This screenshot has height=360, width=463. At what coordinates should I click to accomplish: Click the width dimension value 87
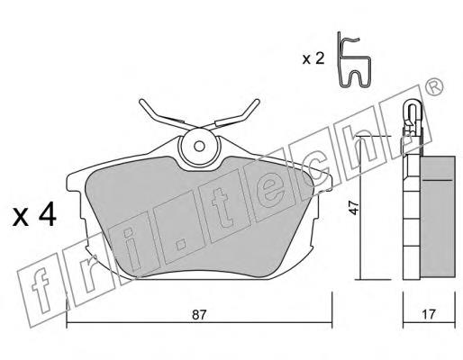point(199,315)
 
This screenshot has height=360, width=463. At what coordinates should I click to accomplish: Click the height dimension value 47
point(355,208)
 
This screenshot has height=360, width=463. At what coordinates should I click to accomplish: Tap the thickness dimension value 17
point(429,314)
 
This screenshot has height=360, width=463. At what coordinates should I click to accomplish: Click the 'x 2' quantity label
point(313,58)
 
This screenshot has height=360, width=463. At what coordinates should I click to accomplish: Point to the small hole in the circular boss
point(199,147)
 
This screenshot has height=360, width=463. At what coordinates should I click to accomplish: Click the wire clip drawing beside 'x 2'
point(354,59)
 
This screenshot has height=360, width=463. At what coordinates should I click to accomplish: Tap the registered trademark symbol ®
point(434,87)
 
